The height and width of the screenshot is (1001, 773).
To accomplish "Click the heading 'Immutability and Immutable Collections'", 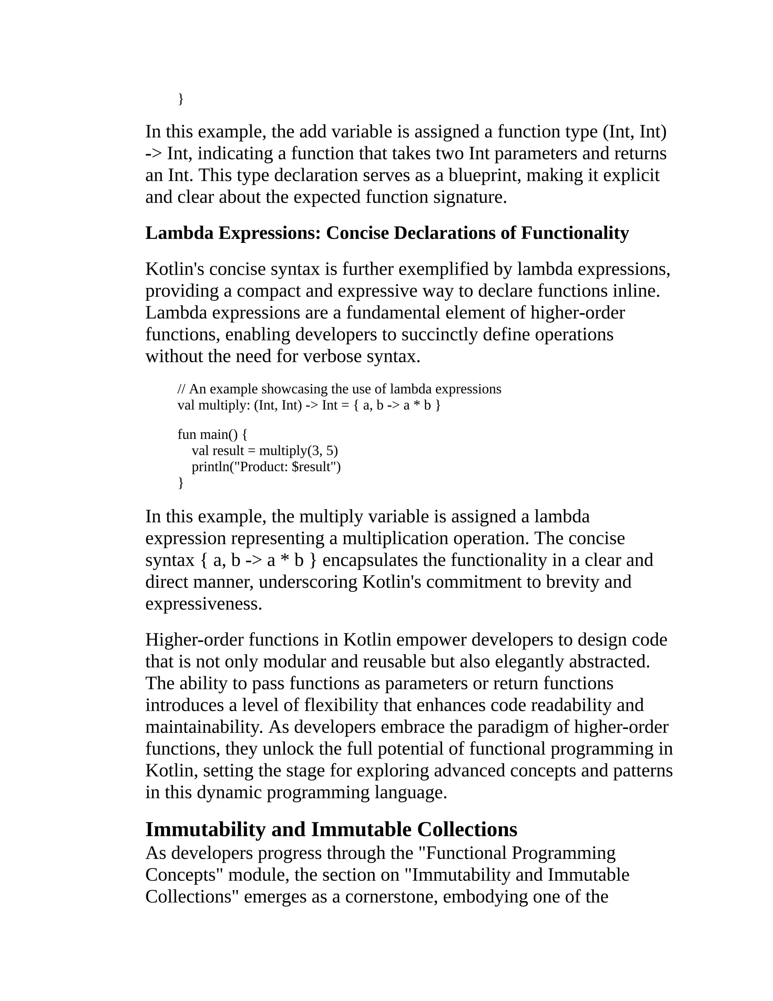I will coord(331,830).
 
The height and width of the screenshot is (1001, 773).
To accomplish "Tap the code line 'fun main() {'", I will coord(212,434).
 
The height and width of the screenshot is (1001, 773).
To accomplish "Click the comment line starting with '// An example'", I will coord(339,389).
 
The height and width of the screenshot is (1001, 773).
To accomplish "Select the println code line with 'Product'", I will coord(266,467).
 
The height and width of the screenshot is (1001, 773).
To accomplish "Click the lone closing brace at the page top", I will coord(180,98).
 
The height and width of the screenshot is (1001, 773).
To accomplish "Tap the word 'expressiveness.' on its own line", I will coord(204,604).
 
